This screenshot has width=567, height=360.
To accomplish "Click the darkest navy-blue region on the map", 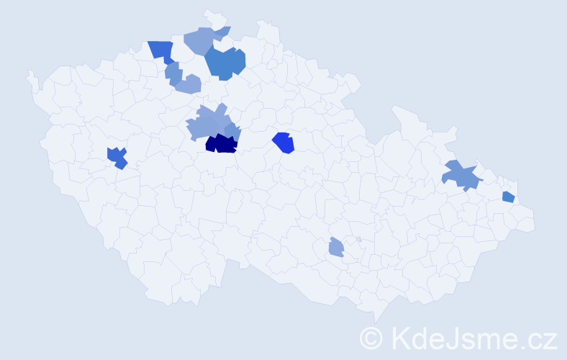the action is point(221,144).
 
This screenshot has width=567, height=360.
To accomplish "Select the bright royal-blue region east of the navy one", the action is point(284,143).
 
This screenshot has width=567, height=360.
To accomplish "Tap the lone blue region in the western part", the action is point(117,156).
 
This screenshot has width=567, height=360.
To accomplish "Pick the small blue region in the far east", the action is point(508,197).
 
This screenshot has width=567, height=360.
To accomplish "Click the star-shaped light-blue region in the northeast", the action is point(461,175).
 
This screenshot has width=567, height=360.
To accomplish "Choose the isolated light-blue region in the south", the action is point(336,248).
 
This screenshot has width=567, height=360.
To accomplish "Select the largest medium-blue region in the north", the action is point(225,63).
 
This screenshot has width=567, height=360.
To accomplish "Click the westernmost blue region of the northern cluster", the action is point(161,50).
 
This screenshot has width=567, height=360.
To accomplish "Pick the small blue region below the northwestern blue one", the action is point(173,72).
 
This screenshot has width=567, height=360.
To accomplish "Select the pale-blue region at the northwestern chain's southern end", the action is point(189,84).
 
